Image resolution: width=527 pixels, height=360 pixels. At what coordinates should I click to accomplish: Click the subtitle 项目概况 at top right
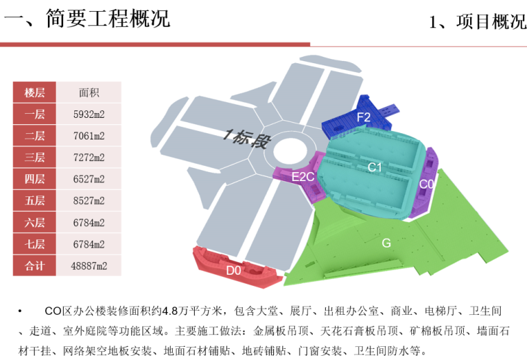coord(478,22)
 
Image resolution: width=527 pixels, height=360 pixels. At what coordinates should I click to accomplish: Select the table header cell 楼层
coord(34,92)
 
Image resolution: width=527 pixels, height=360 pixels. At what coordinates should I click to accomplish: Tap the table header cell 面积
coord(89,92)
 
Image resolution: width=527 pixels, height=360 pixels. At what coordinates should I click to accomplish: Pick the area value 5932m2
coord(89,114)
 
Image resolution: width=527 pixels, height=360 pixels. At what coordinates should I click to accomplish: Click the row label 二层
coord(34,136)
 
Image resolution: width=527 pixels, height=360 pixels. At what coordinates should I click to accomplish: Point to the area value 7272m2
coord(89,157)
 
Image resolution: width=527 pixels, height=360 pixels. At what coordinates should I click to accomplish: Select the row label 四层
coord(34,179)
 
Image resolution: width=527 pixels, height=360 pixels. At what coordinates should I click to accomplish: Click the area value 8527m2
coord(89,201)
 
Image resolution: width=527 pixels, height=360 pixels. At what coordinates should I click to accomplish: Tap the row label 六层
coord(34,223)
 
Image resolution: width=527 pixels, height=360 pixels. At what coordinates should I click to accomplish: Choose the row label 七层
coord(34,244)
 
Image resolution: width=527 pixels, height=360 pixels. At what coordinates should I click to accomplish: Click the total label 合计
coord(34,266)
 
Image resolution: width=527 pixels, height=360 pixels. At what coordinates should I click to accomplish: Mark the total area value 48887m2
coord(89,266)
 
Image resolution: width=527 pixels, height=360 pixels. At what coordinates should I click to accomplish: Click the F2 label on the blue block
coord(364,117)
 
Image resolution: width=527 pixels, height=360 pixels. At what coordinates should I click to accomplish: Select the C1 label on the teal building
coord(375,167)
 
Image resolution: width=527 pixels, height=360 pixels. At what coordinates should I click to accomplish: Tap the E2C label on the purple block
coord(303,177)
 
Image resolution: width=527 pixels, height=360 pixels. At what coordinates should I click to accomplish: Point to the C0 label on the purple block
coord(427,184)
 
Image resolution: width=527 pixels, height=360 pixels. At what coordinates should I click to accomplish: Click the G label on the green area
coord(386,243)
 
